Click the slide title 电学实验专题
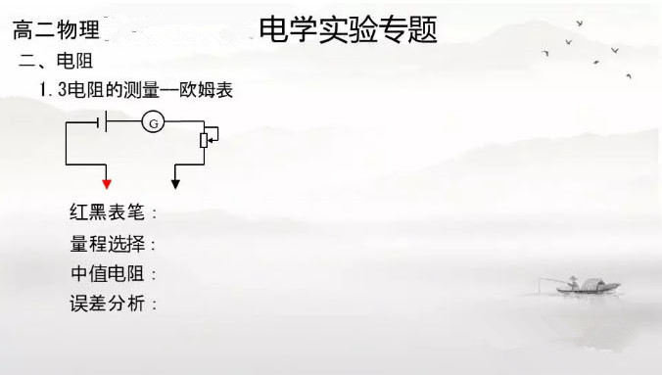[x=348, y=29]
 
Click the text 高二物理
[x=56, y=29]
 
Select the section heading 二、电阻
[x=56, y=61]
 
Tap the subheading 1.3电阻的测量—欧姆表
[x=136, y=90]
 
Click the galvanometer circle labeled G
[x=153, y=122]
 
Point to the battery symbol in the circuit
[x=102, y=121]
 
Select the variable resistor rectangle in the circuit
[x=204, y=140]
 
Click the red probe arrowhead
[x=107, y=184]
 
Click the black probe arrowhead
[x=175, y=184]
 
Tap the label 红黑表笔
[x=108, y=212]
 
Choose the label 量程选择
[x=108, y=244]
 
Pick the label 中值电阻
[x=108, y=273]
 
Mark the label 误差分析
[x=108, y=304]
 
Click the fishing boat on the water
[x=589, y=286]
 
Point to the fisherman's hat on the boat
[x=573, y=278]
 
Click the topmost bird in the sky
[x=580, y=23]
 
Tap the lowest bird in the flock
[x=629, y=76]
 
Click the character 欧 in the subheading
[x=187, y=90]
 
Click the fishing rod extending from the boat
[x=554, y=280]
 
